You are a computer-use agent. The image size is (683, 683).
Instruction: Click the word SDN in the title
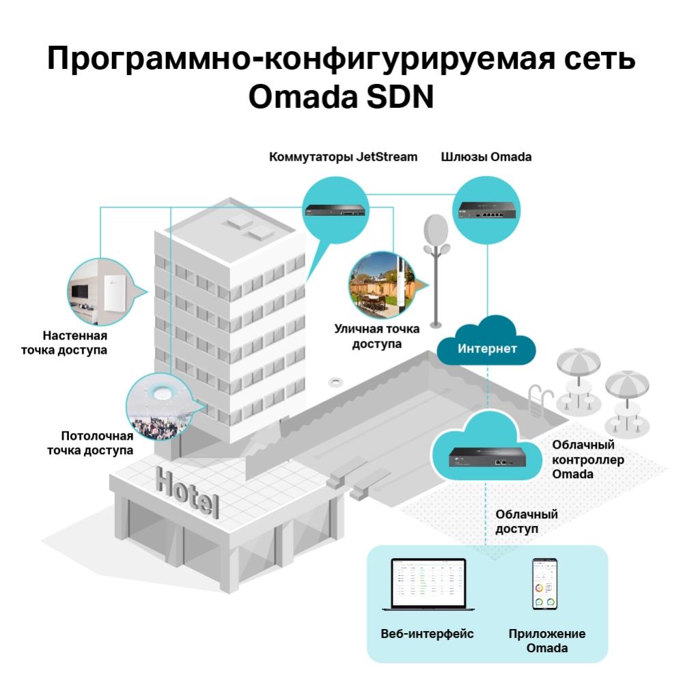(400, 97)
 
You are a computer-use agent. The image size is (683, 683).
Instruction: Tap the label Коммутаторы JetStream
(344, 157)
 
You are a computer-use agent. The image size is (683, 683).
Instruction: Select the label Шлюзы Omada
(486, 157)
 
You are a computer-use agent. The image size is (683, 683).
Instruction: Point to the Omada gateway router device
(486, 211)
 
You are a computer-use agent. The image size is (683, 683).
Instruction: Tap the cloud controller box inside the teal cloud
(487, 457)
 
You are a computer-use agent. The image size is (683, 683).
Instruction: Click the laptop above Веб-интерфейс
(428, 585)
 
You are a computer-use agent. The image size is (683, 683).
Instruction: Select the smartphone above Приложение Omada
(544, 584)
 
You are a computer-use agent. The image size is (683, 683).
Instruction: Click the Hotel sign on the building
(187, 492)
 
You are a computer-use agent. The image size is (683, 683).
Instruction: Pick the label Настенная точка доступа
(64, 343)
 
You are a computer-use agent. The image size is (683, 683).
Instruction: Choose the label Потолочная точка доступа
(90, 443)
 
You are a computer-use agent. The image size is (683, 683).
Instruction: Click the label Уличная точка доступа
(377, 336)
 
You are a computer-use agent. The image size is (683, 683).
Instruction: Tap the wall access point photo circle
(102, 292)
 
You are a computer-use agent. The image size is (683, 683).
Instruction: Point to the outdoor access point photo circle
(382, 285)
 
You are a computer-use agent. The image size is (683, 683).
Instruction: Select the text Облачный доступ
(526, 521)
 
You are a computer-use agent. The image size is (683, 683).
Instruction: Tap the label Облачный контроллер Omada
(588, 460)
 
